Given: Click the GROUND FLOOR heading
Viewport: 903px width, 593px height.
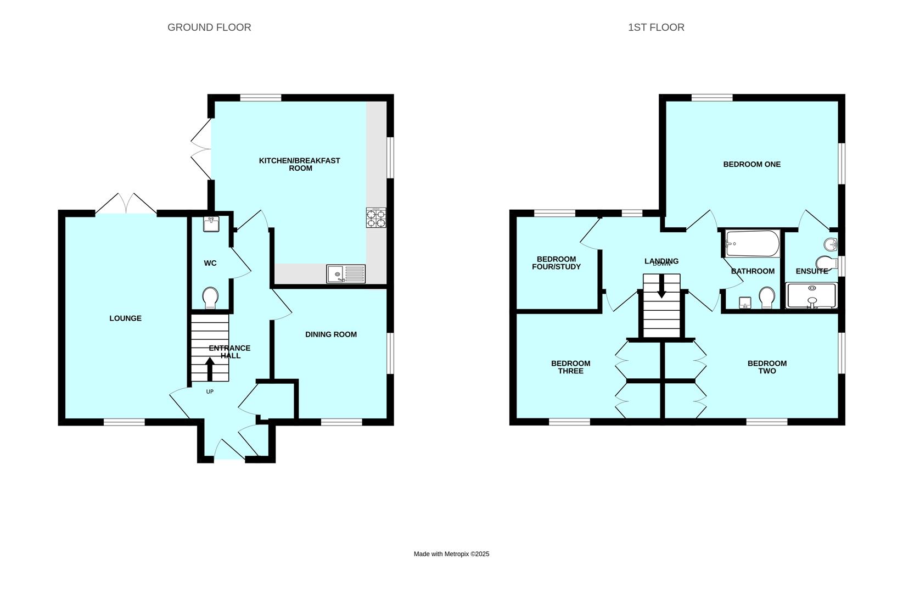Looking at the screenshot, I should pos(209,27).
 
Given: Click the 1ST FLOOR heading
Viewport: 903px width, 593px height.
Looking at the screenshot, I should pos(656,27).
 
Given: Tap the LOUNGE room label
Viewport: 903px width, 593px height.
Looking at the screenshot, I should pos(125,318).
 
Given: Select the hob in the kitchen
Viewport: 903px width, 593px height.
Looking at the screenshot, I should pos(376,218).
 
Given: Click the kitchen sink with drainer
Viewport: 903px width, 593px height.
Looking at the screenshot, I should pos(346,273).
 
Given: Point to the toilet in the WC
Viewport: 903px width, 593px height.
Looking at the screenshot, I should pos(210,298).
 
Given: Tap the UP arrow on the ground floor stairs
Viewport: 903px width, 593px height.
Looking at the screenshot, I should pos(210,370).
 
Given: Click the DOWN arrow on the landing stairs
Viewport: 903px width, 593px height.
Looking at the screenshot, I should pos(661,286).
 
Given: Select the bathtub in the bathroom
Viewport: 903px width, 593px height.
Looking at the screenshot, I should pos(752,243).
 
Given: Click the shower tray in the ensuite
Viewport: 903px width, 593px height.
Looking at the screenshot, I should pos(811,295).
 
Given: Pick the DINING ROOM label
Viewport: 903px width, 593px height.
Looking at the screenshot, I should pos(331,334).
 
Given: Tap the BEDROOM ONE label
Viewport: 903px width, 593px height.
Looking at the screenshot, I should pos(751,164).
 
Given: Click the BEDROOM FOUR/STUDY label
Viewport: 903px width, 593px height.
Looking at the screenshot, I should pos(556,263).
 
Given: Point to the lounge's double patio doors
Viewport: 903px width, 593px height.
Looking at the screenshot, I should pos(126,204).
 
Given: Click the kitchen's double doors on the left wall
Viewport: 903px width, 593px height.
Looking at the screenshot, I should pos(200,149).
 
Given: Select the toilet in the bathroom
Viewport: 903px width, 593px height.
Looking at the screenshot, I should pos(767,298).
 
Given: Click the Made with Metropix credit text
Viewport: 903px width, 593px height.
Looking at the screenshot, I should pos(451,554).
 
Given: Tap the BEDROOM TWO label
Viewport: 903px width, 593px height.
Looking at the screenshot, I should pos(767,367).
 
